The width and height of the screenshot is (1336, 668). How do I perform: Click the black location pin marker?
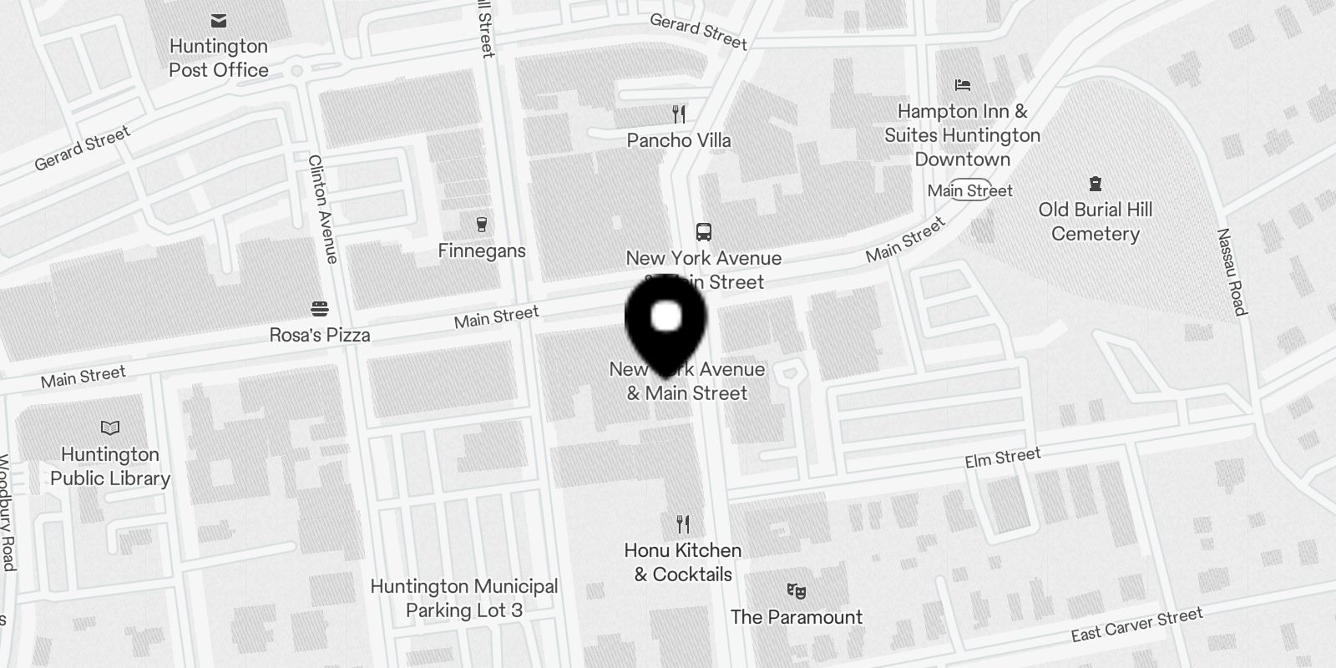click(x=665, y=322)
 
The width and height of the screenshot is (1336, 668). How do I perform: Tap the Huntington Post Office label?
click(x=219, y=58)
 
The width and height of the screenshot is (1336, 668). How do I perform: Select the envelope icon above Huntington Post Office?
click(x=219, y=21)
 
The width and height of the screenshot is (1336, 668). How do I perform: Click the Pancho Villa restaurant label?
click(x=678, y=140)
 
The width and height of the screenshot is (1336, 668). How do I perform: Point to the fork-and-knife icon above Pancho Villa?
click(x=679, y=114)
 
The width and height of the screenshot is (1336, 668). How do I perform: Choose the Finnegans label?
click(x=482, y=250)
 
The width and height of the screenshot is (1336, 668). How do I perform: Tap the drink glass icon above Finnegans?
click(x=481, y=225)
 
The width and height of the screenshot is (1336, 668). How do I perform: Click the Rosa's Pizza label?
click(x=319, y=335)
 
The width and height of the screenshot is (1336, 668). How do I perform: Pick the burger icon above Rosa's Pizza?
click(x=319, y=309)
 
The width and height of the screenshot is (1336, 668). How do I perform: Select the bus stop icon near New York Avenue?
click(x=704, y=232)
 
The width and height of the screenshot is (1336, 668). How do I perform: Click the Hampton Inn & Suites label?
click(x=962, y=135)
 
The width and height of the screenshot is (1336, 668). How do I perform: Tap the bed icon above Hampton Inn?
click(x=962, y=85)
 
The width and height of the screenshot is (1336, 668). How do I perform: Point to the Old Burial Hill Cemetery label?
click(x=1095, y=222)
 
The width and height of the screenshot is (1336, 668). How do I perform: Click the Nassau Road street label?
click(x=1232, y=272)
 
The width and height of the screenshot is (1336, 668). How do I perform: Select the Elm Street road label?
click(x=1002, y=458)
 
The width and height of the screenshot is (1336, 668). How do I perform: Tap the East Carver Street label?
click(x=1136, y=625)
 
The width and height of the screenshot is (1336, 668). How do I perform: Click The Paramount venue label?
click(x=796, y=617)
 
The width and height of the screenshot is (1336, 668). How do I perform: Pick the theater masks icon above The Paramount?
click(x=796, y=591)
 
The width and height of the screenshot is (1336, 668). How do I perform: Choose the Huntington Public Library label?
click(x=110, y=466)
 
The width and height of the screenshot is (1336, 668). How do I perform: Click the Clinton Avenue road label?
click(x=322, y=209)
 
